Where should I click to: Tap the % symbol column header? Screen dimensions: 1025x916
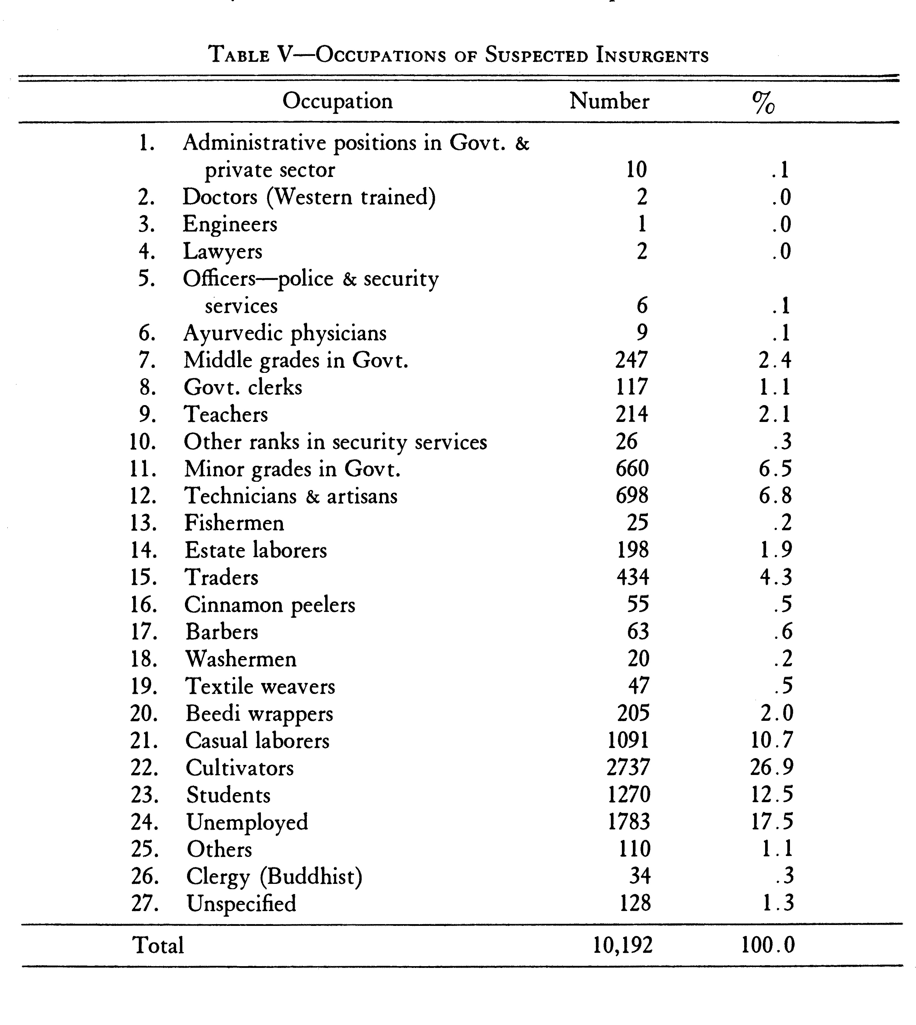tap(763, 104)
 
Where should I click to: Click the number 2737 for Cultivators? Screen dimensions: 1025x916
tap(628, 767)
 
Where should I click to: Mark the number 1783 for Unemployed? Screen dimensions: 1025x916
tap(629, 822)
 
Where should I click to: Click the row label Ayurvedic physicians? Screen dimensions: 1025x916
tap(285, 333)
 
